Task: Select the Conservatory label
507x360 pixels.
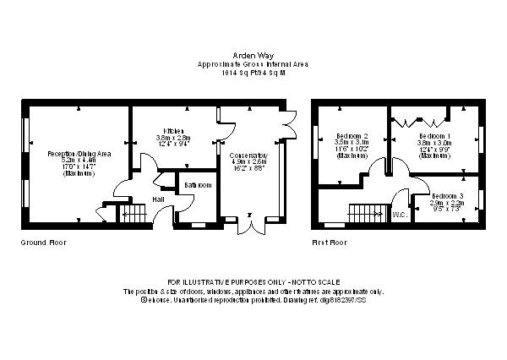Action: (248, 156)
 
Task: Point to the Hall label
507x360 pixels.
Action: (158, 199)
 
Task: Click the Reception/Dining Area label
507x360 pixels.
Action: (79, 154)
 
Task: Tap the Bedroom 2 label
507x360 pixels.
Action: (352, 136)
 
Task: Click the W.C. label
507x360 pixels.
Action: (401, 215)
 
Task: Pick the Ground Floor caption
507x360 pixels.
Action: (43, 243)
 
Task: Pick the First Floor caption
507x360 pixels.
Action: (329, 243)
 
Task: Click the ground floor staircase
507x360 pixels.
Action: (132, 216)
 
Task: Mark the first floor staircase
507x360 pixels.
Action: (365, 215)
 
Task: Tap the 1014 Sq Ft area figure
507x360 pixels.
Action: (237, 73)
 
